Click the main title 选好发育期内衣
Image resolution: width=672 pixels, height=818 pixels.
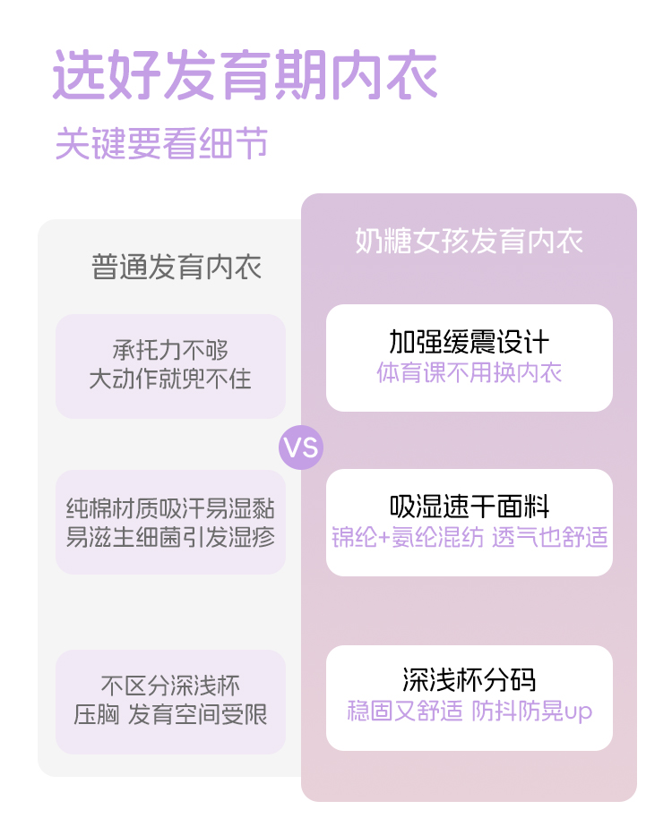pyautogui.click(x=245, y=75)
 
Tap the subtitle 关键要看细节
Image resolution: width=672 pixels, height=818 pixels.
pyautogui.click(x=161, y=143)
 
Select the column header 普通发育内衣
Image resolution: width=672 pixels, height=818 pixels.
pyautogui.click(x=177, y=268)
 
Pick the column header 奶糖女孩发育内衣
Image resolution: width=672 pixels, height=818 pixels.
pyautogui.click(x=469, y=241)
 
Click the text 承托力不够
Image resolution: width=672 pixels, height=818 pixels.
pyautogui.click(x=170, y=350)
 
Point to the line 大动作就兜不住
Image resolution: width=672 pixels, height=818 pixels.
pyautogui.click(x=170, y=379)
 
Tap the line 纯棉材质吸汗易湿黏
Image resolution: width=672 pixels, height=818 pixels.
pyautogui.click(x=170, y=509)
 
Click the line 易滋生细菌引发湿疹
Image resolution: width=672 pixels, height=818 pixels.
pyautogui.click(x=170, y=537)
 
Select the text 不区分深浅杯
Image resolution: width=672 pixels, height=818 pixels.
pyautogui.click(x=170, y=686)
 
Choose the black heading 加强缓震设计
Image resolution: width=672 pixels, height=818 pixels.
pyautogui.click(x=469, y=342)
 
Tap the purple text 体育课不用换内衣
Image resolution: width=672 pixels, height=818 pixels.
pyautogui.click(x=469, y=372)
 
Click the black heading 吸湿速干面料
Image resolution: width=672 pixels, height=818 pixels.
pyautogui.click(x=469, y=507)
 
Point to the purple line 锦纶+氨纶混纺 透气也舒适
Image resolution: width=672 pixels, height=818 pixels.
pyautogui.click(x=469, y=537)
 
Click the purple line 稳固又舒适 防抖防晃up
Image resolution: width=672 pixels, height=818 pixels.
pyautogui.click(x=469, y=711)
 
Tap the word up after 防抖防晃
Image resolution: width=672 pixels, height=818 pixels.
pyautogui.click(x=578, y=712)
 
